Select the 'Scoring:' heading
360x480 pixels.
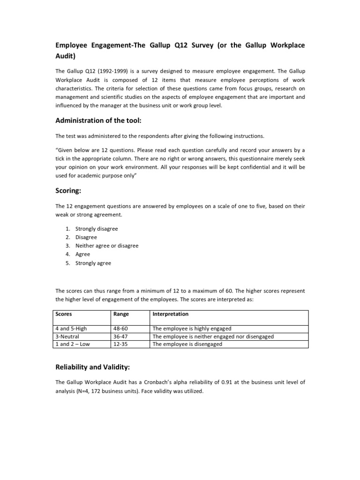tap(70, 191)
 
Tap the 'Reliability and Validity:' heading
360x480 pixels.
tap(97, 367)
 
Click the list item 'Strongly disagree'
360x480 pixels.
tap(97, 229)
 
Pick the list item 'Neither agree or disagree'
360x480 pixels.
tap(107, 246)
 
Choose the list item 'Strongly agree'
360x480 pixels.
tap(93, 263)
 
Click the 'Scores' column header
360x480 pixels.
tap(64, 314)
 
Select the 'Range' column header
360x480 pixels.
tap(121, 314)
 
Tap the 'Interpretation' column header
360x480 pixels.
tap(171, 314)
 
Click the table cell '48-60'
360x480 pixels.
tap(121, 329)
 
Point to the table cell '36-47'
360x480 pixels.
tap(121, 336)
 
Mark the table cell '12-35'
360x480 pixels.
tap(121, 344)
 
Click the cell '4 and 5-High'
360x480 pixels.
tap(71, 329)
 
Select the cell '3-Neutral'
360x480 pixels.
tap(67, 336)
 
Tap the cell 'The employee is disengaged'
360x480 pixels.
tap(187, 344)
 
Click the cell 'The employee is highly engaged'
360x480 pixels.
tap(192, 329)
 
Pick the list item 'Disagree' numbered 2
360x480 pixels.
tap(86, 237)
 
